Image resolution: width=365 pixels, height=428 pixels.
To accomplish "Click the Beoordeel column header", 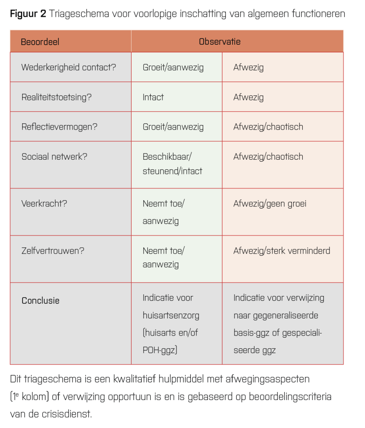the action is (40, 42).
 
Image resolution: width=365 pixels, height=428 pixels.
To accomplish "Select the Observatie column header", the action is (220, 42).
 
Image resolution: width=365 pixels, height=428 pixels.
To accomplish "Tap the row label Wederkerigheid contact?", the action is (68, 67).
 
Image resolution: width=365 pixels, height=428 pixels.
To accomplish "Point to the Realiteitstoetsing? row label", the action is (56, 97).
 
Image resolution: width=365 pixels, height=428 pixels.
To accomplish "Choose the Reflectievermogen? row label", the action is (59, 127).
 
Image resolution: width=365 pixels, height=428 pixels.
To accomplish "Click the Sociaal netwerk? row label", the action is (54, 157).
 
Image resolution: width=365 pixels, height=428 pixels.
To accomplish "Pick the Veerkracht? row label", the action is (45, 204).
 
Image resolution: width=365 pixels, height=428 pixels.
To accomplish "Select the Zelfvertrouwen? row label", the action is (53, 251).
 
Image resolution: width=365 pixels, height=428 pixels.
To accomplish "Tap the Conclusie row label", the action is (41, 301).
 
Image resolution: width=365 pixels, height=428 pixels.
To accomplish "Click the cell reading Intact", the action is (153, 97).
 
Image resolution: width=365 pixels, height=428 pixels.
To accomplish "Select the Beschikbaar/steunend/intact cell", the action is (172, 164).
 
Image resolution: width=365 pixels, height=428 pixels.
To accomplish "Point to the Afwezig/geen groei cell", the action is (270, 204).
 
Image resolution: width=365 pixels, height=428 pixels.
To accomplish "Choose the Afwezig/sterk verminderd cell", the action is (281, 251).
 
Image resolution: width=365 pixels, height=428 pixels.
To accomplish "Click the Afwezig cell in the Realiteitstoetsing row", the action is (248, 97).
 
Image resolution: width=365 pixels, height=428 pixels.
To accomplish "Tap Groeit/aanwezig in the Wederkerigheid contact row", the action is (173, 67).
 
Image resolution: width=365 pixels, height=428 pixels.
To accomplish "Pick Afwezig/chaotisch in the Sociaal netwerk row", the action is (268, 157).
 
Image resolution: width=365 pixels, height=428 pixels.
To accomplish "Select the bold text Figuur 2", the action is (28, 13).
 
